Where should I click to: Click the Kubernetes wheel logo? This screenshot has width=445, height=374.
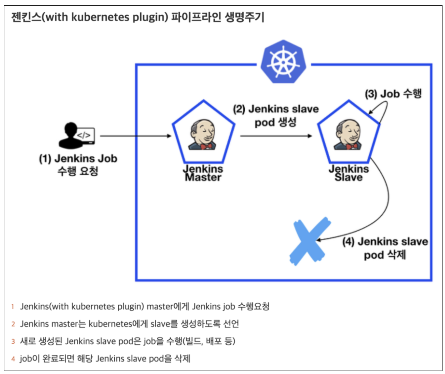pos(283,62)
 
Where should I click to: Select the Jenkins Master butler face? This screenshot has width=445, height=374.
pos(203,134)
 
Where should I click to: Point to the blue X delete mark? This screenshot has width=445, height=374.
pos(309,241)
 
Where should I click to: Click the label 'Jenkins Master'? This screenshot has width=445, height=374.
pos(203,173)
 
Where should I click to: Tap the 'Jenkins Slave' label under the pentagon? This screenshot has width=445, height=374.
pos(349,173)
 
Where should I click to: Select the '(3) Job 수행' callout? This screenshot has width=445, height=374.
pos(393,94)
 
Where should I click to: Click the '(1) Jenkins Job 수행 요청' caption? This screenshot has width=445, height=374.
pos(78,165)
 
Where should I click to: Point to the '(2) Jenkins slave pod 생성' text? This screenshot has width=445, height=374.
pos(276,116)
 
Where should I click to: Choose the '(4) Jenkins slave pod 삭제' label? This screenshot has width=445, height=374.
pos(385,248)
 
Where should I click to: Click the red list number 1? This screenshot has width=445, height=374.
pos(13,307)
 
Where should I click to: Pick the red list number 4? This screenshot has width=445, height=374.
pos(13,359)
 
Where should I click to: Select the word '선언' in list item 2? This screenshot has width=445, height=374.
pos(231,324)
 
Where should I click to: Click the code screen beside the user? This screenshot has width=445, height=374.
pos(85,135)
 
